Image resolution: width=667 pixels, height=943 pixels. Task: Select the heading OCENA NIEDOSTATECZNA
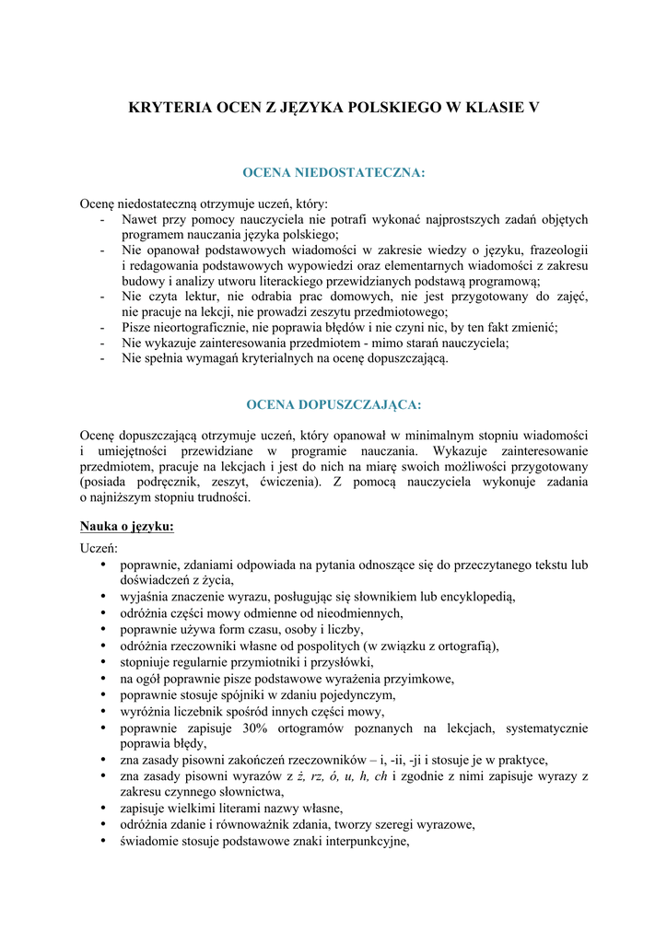click(x=333, y=172)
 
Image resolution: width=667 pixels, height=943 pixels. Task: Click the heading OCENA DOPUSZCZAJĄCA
click(x=333, y=404)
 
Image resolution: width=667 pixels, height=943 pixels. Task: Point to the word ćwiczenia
click(x=287, y=482)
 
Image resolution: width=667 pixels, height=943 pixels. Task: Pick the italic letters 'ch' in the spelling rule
click(x=380, y=775)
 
